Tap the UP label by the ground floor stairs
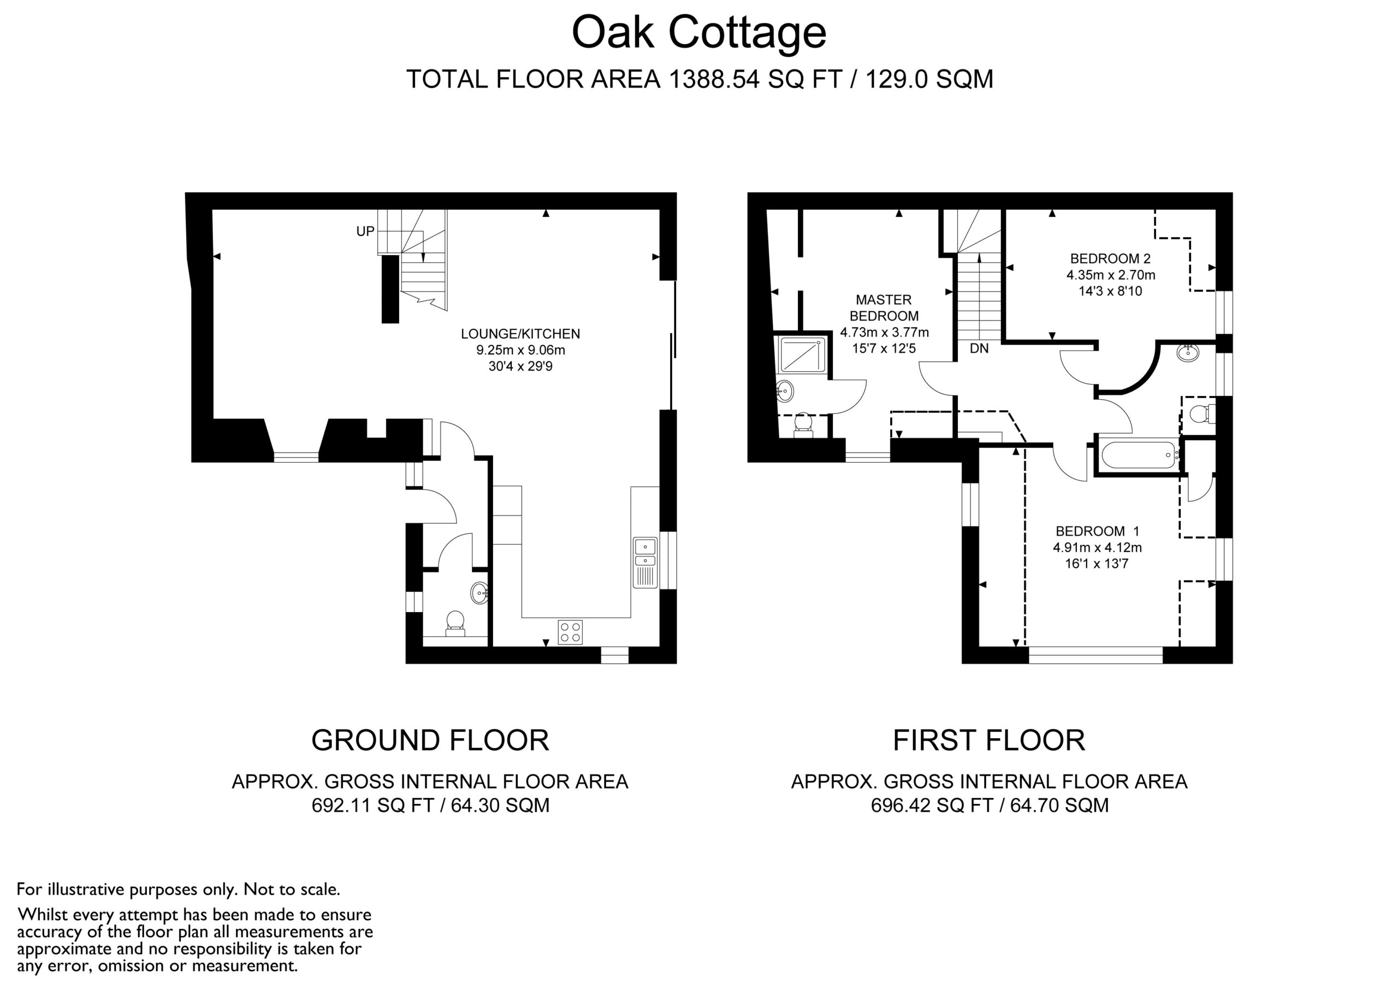365,232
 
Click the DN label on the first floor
979,349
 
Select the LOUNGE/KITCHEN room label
520,334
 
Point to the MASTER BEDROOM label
884,308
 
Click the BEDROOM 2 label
1111,259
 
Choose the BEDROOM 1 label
1097,531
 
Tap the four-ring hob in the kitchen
570,631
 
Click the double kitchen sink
645,562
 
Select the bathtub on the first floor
1139,454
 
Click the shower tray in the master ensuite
801,354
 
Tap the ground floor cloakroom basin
480,593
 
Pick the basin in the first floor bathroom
1187,353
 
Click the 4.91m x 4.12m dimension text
1097,548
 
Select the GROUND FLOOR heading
430,741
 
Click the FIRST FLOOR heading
989,741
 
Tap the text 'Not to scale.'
292,889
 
